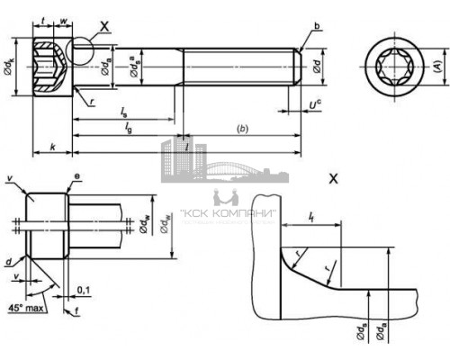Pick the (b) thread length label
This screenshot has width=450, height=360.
tap(241, 129)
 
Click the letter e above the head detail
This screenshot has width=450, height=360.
tap(79, 180)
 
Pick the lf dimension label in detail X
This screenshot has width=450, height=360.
tap(310, 217)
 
